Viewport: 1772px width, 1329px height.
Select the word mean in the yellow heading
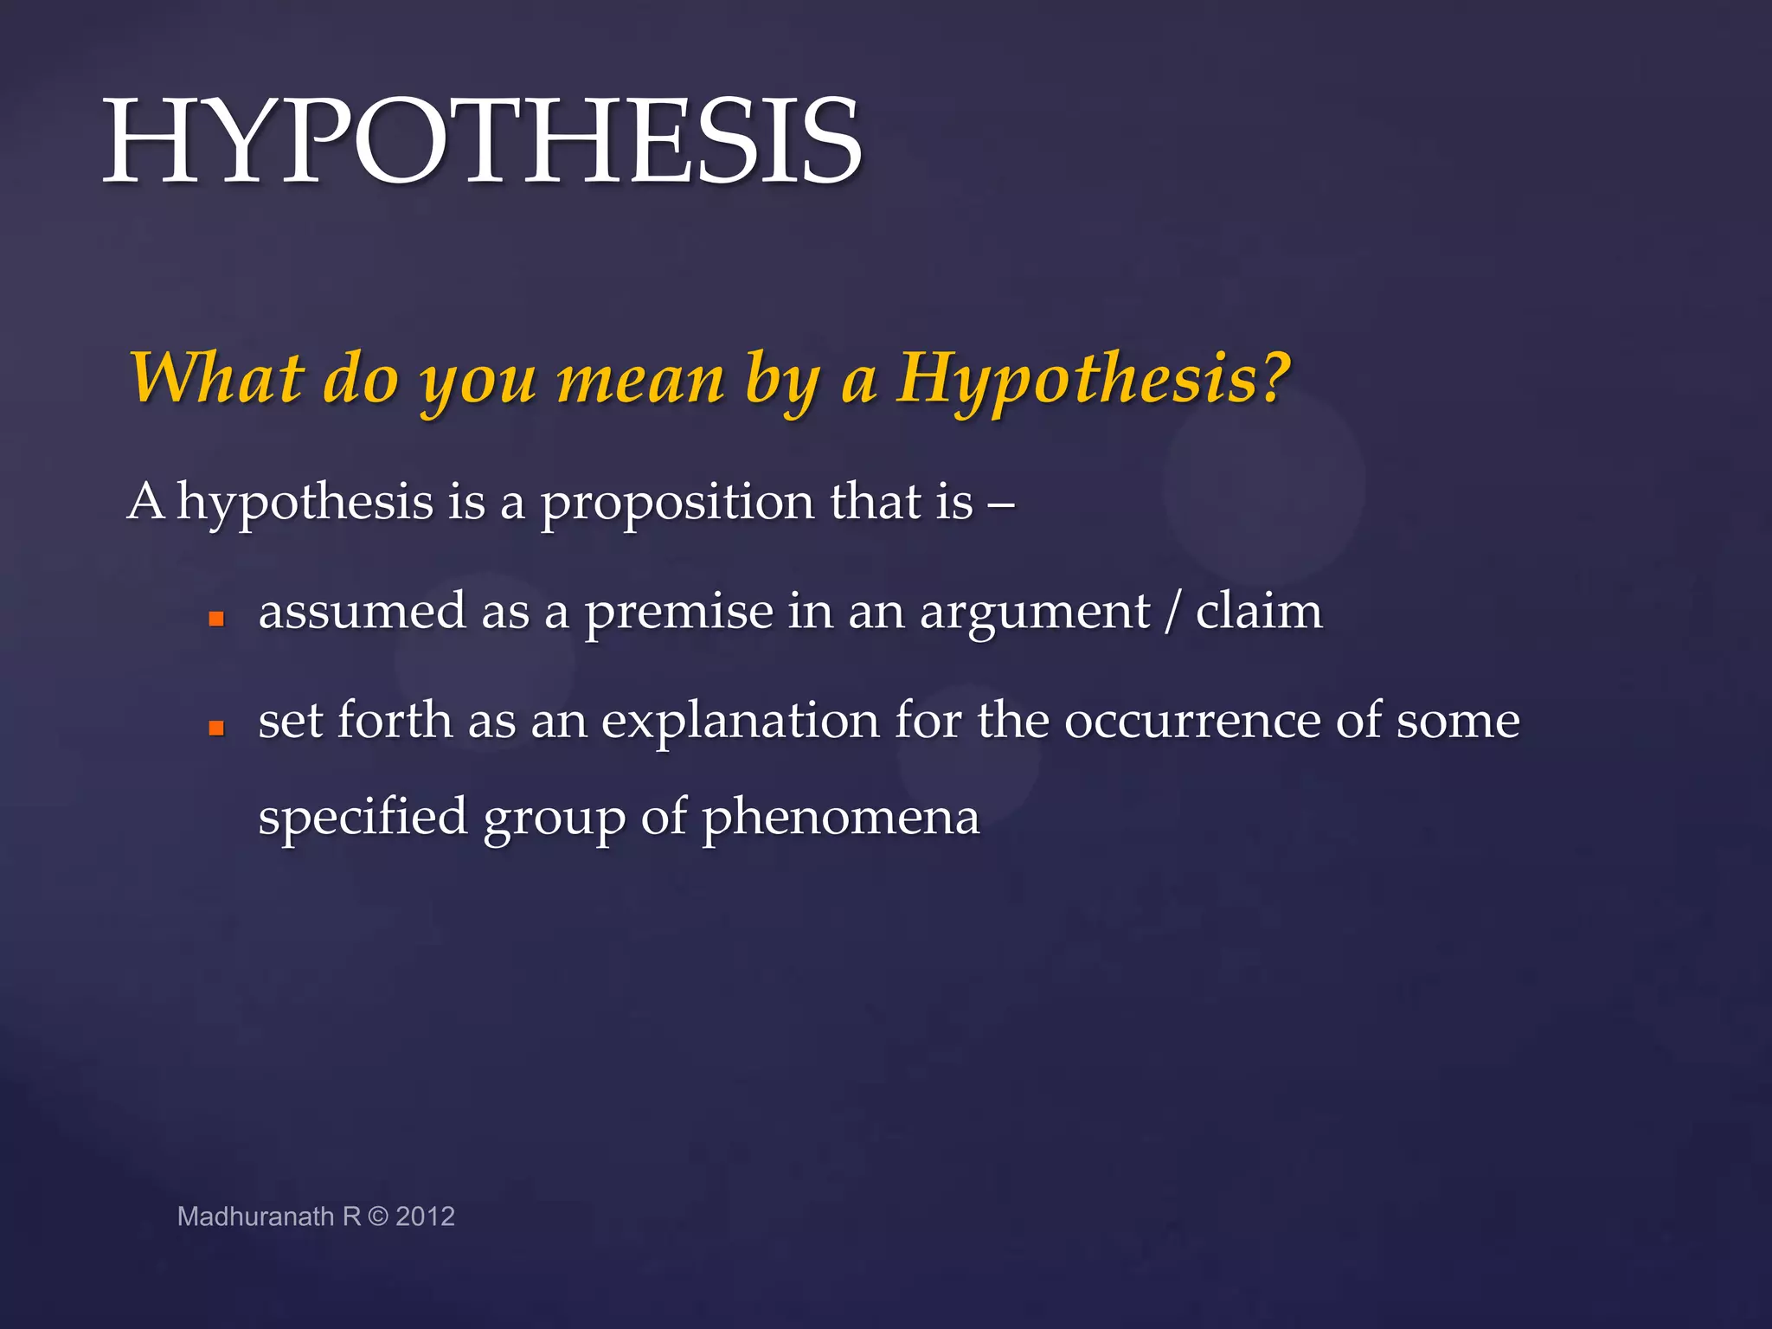pos(640,381)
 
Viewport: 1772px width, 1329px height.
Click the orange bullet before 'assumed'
pos(216,620)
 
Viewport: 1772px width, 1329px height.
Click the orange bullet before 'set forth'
pos(216,729)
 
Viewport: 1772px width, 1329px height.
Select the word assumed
pos(362,612)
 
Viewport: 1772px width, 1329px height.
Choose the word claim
pos(1259,611)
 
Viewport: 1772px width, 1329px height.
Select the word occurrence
pos(1192,721)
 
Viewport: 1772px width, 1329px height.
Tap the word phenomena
pos(840,819)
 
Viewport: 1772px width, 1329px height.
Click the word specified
pos(363,819)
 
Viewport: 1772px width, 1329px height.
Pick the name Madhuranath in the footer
pos(255,1217)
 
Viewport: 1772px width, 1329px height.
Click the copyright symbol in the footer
pos(378,1217)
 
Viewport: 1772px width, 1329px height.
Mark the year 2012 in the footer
pos(425,1217)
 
